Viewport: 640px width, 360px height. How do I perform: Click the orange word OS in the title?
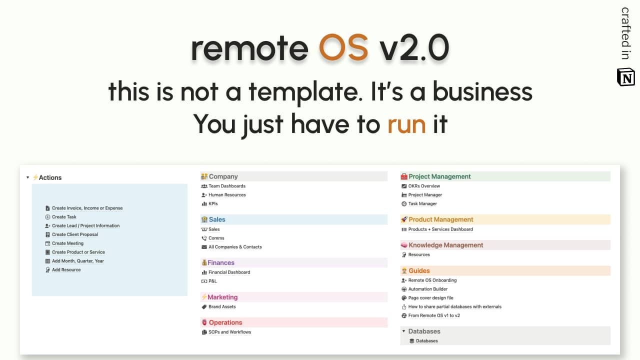pos(343,47)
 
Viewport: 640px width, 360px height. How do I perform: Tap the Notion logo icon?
pos(625,77)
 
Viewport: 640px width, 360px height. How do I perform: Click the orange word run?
pos(406,124)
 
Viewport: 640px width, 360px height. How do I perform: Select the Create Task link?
pos(64,217)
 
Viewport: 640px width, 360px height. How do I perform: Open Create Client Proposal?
pos(75,234)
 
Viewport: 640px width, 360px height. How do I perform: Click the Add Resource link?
pos(66,269)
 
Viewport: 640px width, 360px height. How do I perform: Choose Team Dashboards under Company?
pos(227,186)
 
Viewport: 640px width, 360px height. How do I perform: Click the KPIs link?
pos(213,203)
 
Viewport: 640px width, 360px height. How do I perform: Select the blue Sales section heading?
pos(217,219)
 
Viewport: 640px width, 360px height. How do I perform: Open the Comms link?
pos(216,238)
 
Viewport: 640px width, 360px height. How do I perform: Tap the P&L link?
pos(212,281)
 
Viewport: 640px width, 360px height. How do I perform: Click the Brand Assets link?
pos(222,306)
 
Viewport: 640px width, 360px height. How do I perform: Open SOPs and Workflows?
pos(229,332)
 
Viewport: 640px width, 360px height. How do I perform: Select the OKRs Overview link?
pos(424,186)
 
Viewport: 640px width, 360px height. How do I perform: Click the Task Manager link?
pos(422,203)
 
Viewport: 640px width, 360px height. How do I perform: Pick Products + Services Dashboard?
pos(440,229)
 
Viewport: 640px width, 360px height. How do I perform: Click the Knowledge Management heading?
pos(445,245)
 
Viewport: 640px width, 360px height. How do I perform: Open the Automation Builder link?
pos(427,289)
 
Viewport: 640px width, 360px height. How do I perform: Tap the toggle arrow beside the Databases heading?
pos(403,331)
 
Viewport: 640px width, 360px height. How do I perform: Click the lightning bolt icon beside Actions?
pos(35,177)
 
